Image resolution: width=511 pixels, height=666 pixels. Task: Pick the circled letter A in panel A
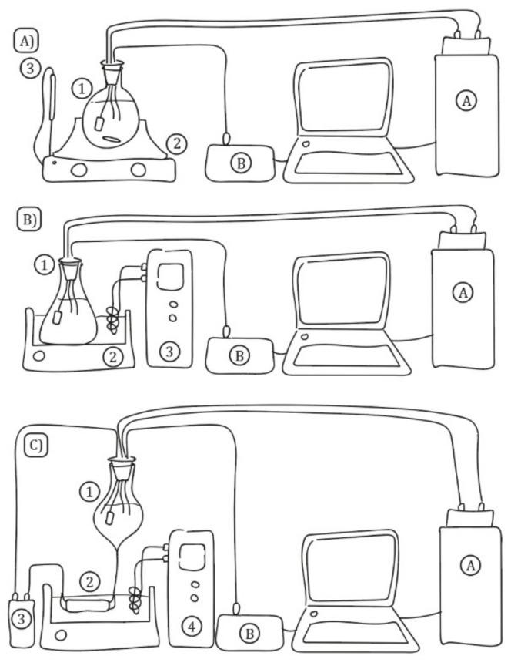(463, 99)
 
